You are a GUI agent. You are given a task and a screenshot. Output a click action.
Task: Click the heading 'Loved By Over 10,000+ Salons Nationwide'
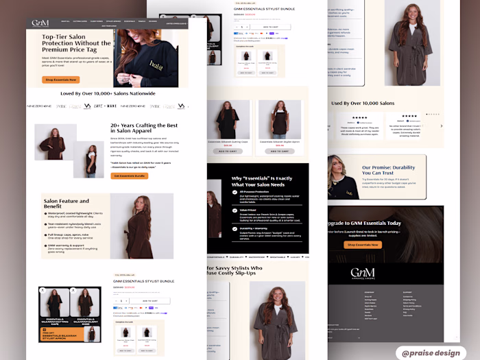(x=108, y=93)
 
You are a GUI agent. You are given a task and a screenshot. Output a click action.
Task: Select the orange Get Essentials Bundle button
(x=129, y=176)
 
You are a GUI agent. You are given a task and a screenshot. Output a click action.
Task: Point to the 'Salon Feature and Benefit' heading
(x=67, y=204)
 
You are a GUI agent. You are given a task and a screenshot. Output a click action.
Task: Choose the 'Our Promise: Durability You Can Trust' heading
(x=388, y=170)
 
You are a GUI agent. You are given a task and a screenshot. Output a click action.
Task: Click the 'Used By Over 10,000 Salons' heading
(x=363, y=104)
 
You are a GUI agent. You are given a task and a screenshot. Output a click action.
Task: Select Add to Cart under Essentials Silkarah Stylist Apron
(x=279, y=151)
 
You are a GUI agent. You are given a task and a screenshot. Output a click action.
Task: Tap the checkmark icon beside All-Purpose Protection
(x=235, y=193)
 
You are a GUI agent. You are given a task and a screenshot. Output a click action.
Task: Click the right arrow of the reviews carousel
(x=442, y=125)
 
